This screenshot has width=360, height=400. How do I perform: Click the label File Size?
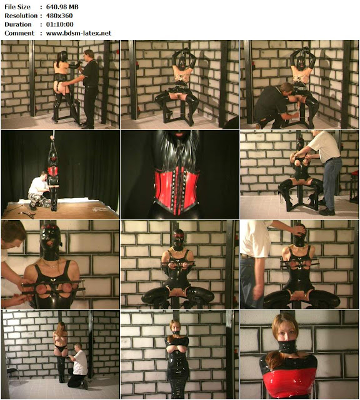(x=17, y=7)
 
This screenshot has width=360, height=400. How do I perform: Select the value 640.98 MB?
(x=62, y=7)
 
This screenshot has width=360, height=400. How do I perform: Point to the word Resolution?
(x=21, y=16)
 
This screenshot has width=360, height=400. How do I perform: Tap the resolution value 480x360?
(x=59, y=16)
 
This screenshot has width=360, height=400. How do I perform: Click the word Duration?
(x=18, y=24)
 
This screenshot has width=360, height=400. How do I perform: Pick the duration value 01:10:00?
(x=60, y=24)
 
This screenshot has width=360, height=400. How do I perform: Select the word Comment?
(x=19, y=33)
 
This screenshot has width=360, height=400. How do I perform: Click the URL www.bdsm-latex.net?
(x=79, y=33)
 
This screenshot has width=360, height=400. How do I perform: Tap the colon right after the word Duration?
(x=41, y=24)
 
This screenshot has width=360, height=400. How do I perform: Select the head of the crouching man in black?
(x=286, y=89)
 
